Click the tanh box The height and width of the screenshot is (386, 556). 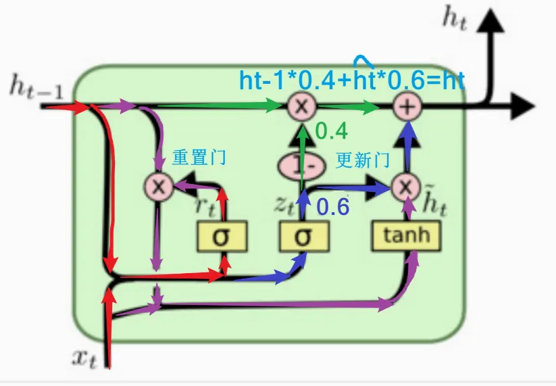coord(405,235)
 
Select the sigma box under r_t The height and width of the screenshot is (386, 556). coord(222,236)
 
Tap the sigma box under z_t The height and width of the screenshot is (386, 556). coord(305,236)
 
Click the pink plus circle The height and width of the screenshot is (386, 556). coord(407,106)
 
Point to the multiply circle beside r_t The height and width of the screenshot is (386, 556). coord(159,186)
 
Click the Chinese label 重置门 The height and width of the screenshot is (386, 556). coord(199,158)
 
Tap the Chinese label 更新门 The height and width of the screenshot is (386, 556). coord(363,160)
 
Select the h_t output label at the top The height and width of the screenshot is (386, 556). coord(455,18)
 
